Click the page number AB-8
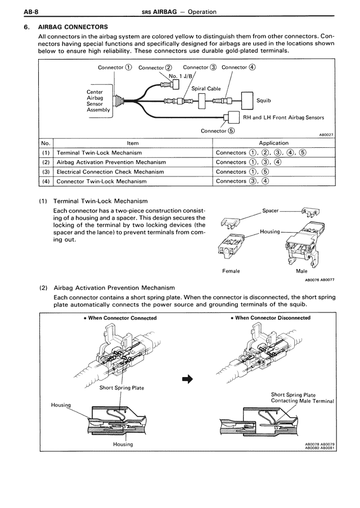coord(15,11)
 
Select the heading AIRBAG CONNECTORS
coord(73,26)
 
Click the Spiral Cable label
coord(206,88)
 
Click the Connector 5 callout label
coord(218,131)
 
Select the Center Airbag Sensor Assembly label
coord(98,101)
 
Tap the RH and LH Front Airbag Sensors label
coord(283,117)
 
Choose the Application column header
coord(273,143)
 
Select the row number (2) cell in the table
coord(46,162)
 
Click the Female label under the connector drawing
coord(231,271)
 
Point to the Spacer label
coord(271,211)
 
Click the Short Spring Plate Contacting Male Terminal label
coord(302,398)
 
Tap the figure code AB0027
coord(326,135)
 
